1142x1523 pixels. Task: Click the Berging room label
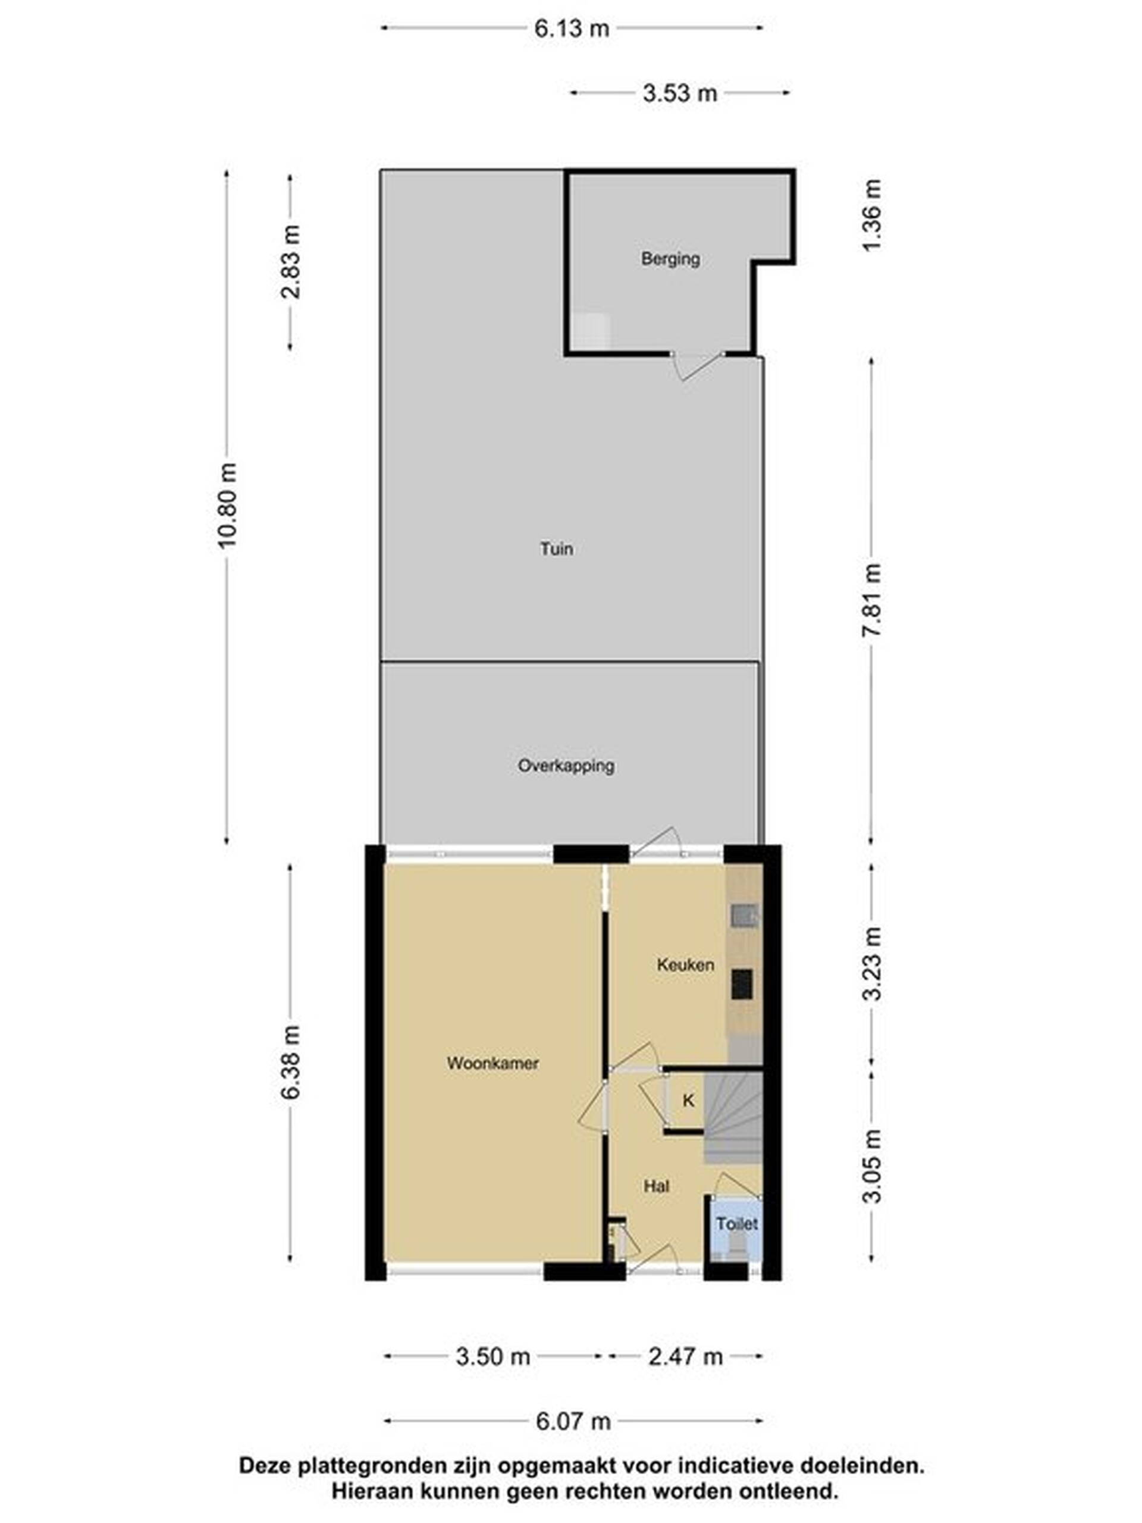[x=670, y=259]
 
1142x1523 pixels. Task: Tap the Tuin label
[x=556, y=549]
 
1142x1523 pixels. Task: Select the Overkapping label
[x=566, y=766]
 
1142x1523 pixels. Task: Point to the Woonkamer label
[x=492, y=1063]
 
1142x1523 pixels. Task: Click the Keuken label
[x=685, y=964]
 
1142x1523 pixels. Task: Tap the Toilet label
[x=736, y=1224]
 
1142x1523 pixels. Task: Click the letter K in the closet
[x=688, y=1101]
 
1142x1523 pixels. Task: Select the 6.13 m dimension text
[x=572, y=28]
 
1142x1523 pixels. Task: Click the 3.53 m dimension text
[x=680, y=92]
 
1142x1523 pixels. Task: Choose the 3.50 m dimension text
[x=493, y=1357]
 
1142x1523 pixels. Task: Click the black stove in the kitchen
[x=741, y=984]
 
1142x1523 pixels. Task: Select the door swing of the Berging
[x=696, y=367]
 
